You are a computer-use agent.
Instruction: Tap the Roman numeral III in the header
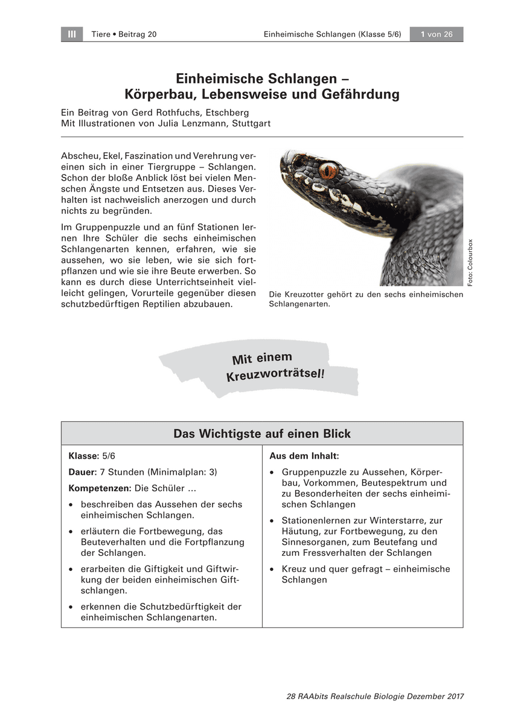pyautogui.click(x=72, y=34)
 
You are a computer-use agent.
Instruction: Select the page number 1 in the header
pyautogui.click(x=423, y=34)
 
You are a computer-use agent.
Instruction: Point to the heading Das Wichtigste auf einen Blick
pyautogui.click(x=262, y=434)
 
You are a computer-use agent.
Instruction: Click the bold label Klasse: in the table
pyautogui.click(x=83, y=456)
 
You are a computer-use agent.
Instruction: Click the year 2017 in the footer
pyautogui.click(x=452, y=697)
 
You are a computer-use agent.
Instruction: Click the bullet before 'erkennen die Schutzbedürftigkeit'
pyautogui.click(x=72, y=607)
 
